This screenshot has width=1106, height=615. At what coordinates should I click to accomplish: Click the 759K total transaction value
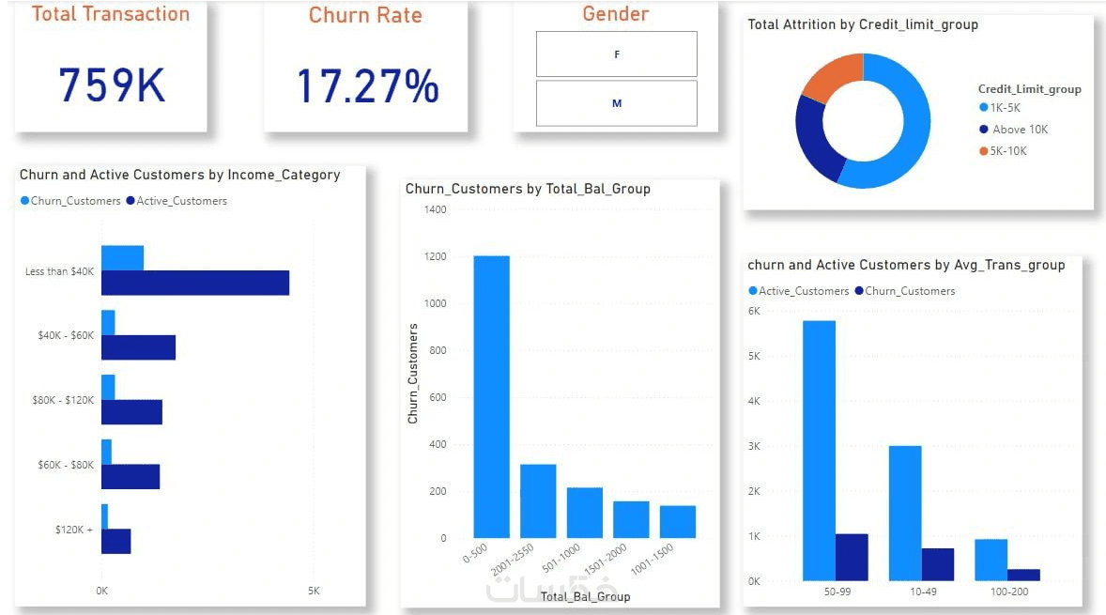(112, 85)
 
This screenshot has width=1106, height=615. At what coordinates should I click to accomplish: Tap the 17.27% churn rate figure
(367, 85)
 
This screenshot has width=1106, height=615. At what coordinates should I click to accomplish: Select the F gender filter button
(617, 54)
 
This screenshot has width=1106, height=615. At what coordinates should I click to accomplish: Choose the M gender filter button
(617, 103)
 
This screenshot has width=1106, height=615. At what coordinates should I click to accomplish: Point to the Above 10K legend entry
(1020, 130)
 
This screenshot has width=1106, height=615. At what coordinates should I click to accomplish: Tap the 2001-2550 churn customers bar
(538, 500)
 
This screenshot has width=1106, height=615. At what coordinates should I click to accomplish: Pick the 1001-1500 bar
(677, 521)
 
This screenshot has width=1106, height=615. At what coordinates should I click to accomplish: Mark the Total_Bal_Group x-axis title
(586, 596)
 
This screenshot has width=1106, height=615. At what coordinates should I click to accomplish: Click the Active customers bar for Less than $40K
(194, 283)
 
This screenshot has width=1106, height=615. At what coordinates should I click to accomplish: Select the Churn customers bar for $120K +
(105, 516)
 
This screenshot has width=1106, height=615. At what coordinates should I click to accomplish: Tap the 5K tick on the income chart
(313, 592)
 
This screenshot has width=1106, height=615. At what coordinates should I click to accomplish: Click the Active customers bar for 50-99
(819, 451)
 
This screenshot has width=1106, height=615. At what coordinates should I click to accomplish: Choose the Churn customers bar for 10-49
(937, 564)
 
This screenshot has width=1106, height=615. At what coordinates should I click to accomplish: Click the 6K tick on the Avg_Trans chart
(753, 311)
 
